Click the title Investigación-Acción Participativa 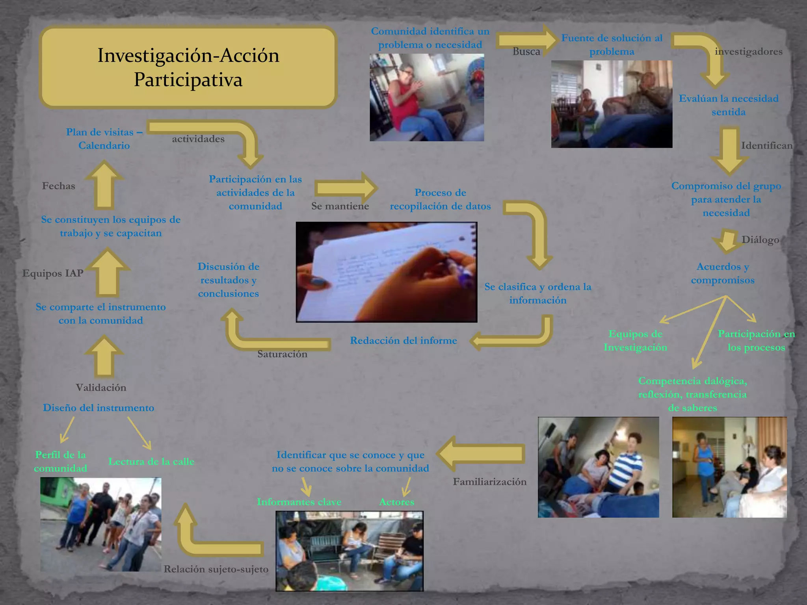(x=188, y=67)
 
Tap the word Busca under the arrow (x=526, y=52)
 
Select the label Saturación (x=282, y=354)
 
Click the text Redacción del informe (x=403, y=340)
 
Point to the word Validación (x=101, y=388)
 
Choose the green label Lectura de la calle (x=151, y=461)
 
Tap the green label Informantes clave (x=299, y=502)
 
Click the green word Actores (x=397, y=502)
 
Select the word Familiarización (x=489, y=481)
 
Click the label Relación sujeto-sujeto (x=216, y=569)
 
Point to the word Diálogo (x=760, y=239)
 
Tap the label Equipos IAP (x=53, y=273)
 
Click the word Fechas (x=58, y=186)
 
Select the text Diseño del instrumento (x=99, y=408)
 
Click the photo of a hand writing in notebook (x=386, y=272)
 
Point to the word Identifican (x=766, y=145)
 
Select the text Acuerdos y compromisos (x=723, y=273)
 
